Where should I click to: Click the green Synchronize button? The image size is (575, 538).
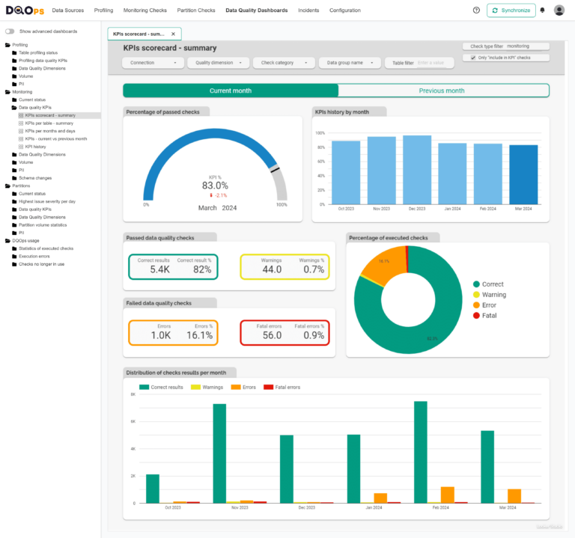pyautogui.click(x=511, y=10)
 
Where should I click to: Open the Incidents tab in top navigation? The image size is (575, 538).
pyautogui.click(x=308, y=10)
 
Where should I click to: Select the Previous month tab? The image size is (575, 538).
pyautogui.click(x=442, y=91)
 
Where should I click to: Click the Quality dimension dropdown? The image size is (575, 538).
pyautogui.click(x=218, y=63)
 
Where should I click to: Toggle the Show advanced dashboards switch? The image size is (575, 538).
pyautogui.click(x=10, y=31)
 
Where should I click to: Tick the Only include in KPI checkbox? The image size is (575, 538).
pyautogui.click(x=473, y=58)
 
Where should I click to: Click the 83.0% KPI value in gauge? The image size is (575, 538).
pyautogui.click(x=215, y=186)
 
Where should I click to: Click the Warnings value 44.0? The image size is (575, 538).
pyautogui.click(x=271, y=269)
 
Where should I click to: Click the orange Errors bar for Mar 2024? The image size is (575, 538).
pyautogui.click(x=514, y=495)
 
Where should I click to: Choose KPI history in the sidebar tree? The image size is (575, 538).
pyautogui.click(x=35, y=147)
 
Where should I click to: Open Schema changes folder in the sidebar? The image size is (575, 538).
pyautogui.click(x=34, y=178)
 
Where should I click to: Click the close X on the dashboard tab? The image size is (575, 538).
pyautogui.click(x=173, y=34)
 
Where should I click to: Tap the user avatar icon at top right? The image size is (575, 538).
pyautogui.click(x=559, y=10)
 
